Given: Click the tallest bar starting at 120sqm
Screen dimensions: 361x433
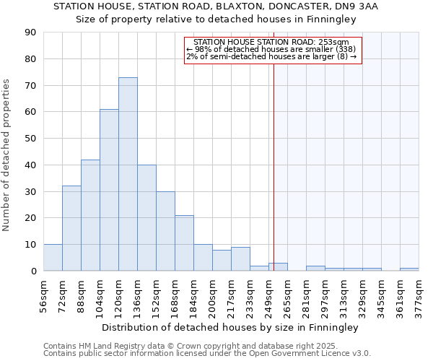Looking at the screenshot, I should click(128, 174).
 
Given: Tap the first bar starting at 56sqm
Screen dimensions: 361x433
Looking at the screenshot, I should click(53, 258).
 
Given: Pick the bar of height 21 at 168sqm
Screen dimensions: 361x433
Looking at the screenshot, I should click(184, 243).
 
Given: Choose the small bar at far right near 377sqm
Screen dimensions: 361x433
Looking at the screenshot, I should click(409, 269).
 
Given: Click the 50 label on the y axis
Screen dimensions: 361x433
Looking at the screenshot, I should click(30, 139).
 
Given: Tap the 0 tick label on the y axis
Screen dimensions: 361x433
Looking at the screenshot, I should click(33, 271).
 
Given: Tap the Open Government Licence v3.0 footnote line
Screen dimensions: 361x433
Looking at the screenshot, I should click(207, 353).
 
